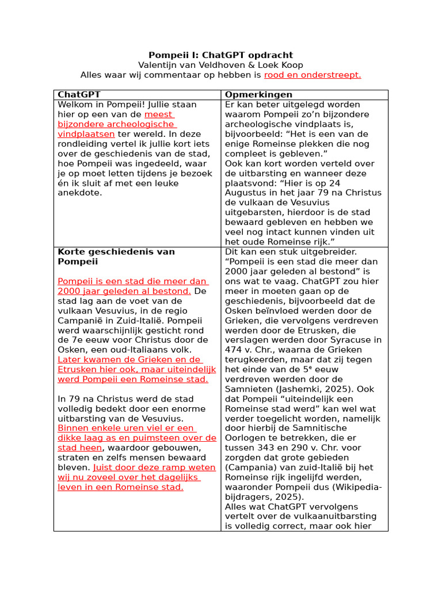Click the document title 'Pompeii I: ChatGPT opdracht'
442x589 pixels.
(x=220, y=55)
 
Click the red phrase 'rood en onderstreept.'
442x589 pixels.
(x=313, y=75)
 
